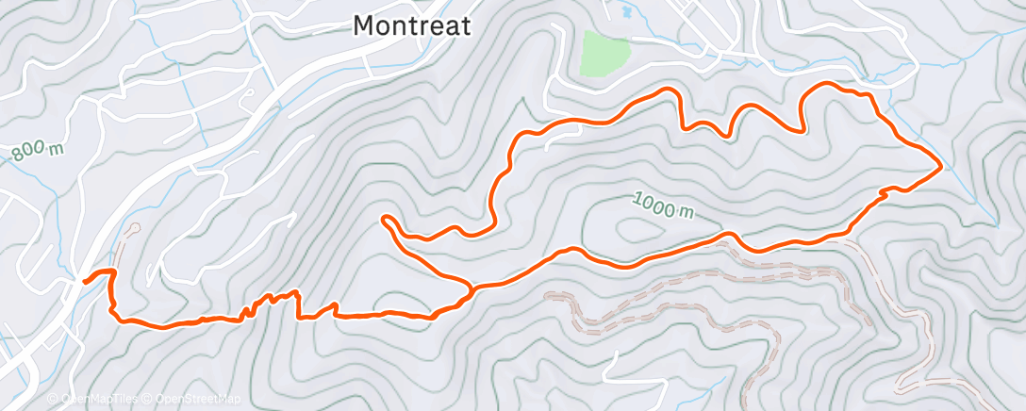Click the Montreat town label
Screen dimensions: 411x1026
[x=411, y=26]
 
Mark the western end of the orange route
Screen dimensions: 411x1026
[x=85, y=281]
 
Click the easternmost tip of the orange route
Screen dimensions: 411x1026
[x=940, y=167]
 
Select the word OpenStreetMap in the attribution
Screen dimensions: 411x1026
[x=199, y=398]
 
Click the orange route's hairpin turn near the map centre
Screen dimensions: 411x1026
[x=386, y=221]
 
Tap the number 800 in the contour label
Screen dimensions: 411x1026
[x=29, y=154]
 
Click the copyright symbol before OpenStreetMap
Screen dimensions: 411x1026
[x=146, y=398]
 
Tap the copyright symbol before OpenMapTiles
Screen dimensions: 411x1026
[x=54, y=398]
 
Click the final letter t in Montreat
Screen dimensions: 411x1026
[x=465, y=26]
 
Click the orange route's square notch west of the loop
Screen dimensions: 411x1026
[x=299, y=304]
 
